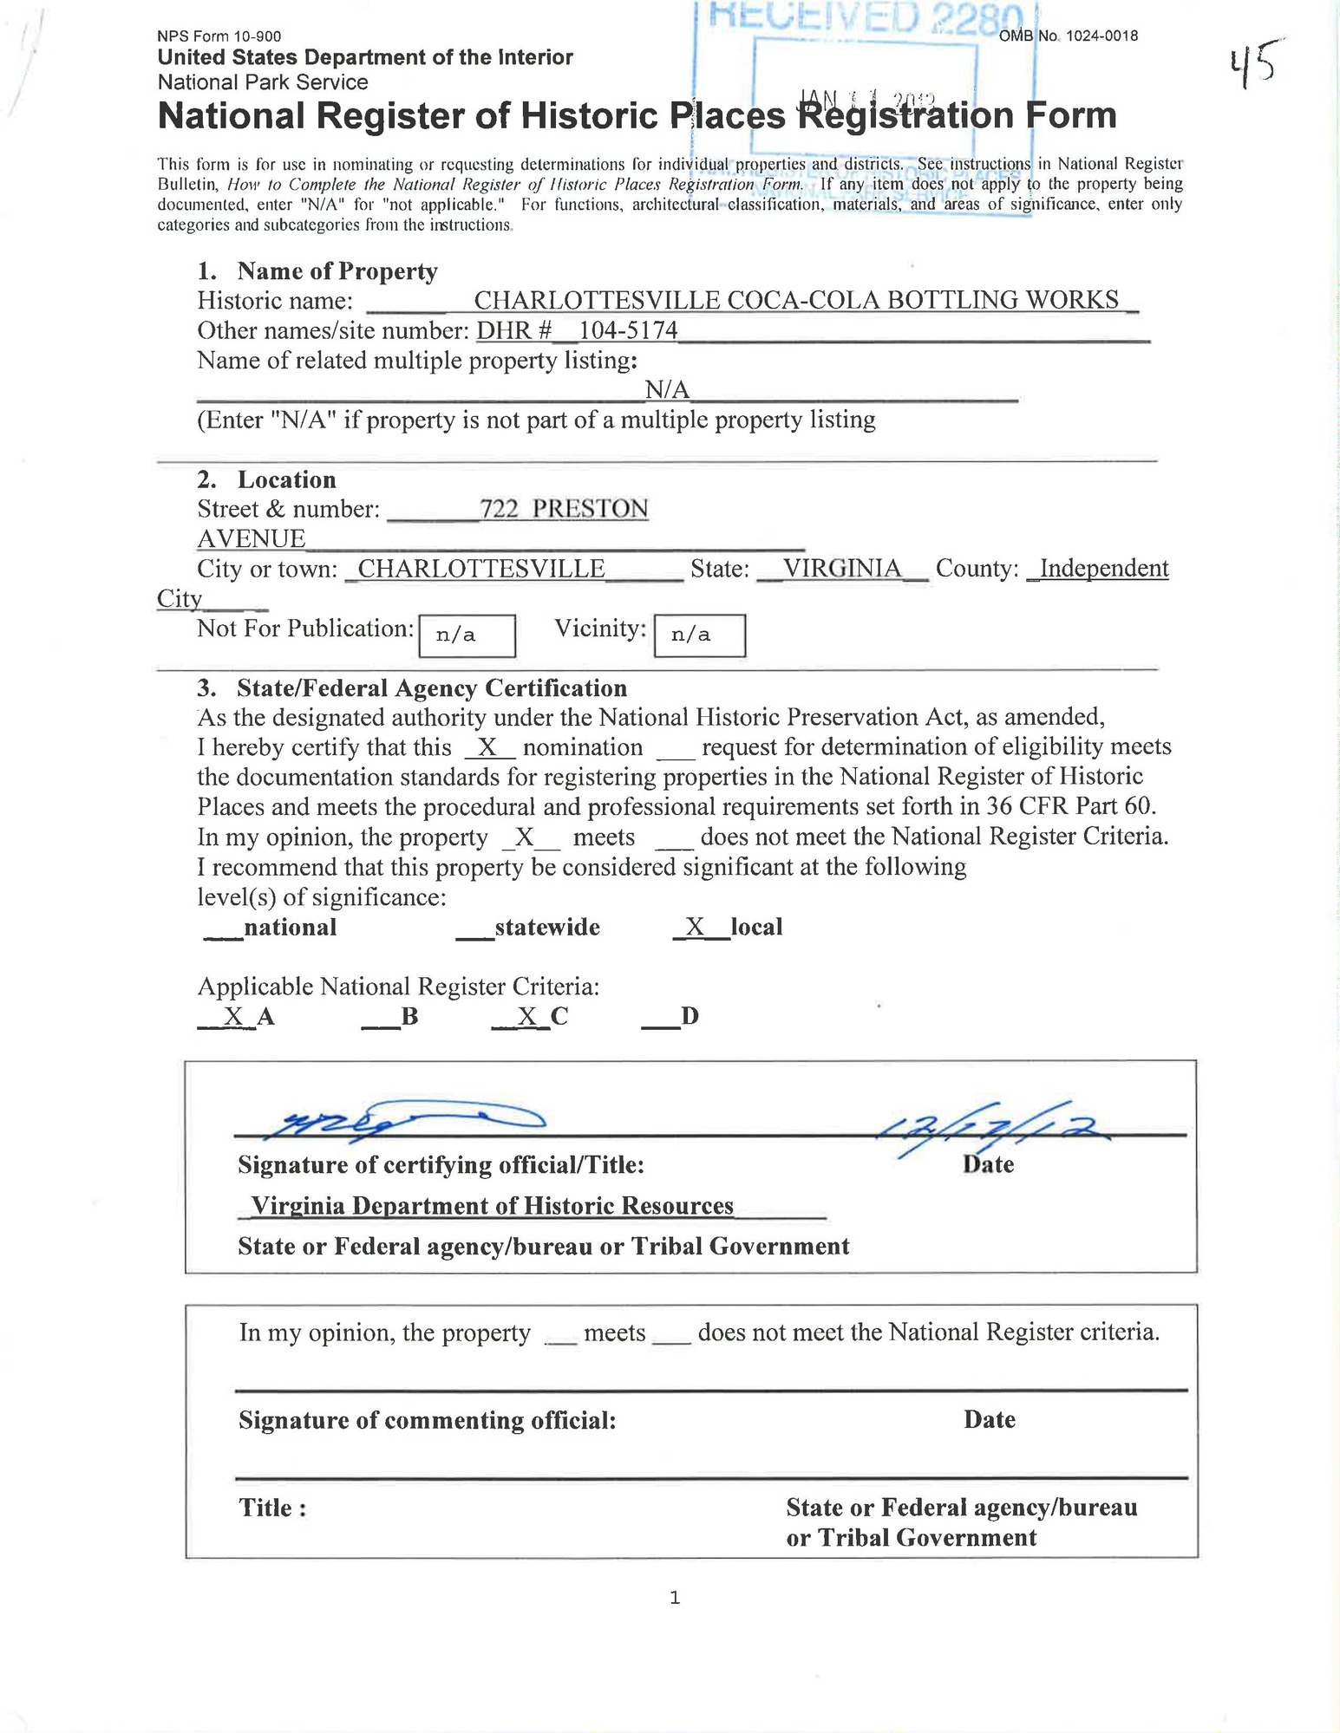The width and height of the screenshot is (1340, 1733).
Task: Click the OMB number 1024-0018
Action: tap(1069, 36)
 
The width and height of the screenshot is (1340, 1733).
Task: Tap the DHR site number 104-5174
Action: tap(628, 330)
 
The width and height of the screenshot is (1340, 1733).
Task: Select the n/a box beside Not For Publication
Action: tap(467, 635)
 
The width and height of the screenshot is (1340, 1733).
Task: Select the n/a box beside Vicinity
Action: tap(699, 635)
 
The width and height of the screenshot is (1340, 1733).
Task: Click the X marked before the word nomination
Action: tap(488, 747)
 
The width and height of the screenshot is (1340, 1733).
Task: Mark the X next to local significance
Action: tap(694, 927)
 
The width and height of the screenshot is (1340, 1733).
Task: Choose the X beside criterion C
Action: tap(527, 1016)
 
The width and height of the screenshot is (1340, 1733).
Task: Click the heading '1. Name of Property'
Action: tap(317, 271)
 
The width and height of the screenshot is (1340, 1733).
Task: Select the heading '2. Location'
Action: tap(267, 479)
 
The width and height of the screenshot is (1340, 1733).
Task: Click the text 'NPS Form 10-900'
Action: tap(219, 36)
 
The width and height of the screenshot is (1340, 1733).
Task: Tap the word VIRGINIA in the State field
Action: tap(841, 569)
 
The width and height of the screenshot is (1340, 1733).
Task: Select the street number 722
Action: tap(499, 509)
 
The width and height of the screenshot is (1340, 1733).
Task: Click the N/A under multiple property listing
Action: tap(667, 390)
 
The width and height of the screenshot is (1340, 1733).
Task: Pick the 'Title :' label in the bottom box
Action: tap(272, 1508)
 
